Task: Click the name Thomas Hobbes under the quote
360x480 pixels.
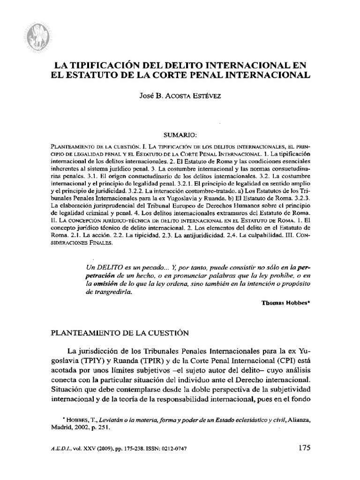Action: [x=284, y=303]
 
